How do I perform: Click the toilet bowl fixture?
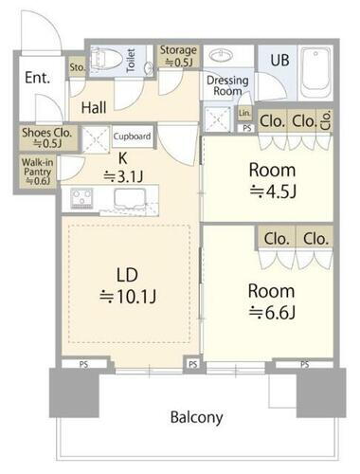(x=106, y=60)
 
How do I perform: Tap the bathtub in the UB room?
(x=315, y=72)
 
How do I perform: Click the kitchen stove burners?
(x=81, y=198)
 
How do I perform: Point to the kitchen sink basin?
(x=131, y=199)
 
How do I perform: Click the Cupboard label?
(x=132, y=137)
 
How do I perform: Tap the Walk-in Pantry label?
(x=37, y=172)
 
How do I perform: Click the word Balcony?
(x=196, y=417)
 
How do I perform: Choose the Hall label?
(x=94, y=108)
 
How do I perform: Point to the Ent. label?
(x=37, y=78)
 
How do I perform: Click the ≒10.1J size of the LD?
(x=128, y=297)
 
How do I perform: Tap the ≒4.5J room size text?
(x=273, y=191)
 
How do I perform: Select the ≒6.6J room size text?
(x=272, y=313)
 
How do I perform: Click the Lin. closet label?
(x=244, y=113)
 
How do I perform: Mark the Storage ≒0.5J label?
(x=178, y=56)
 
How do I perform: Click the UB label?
(x=279, y=61)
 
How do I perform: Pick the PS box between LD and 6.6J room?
(x=192, y=364)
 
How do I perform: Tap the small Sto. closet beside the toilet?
(x=77, y=67)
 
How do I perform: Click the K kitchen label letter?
(x=123, y=158)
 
